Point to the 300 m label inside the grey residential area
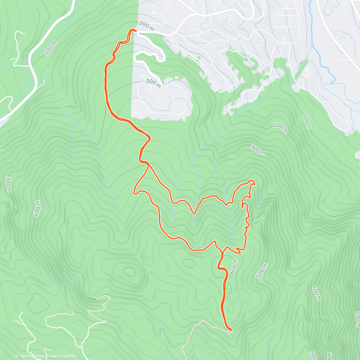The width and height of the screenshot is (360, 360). point(154,83)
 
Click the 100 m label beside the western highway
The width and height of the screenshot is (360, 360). point(50,48)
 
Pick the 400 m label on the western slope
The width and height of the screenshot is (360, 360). point(37,208)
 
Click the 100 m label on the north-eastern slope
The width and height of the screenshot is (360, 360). point(307,121)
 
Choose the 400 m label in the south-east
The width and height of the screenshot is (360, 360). point(316,292)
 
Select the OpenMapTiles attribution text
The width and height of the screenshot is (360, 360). point(31,356)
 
